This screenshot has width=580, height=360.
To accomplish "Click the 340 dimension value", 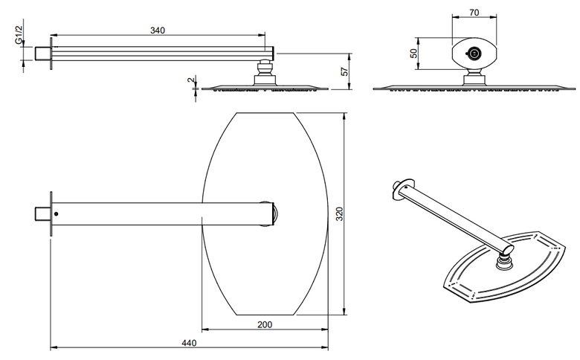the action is pyautogui.click(x=158, y=30).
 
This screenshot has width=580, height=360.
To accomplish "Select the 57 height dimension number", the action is pyautogui.click(x=344, y=71).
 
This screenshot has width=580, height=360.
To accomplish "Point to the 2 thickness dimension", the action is pyautogui.click(x=191, y=79).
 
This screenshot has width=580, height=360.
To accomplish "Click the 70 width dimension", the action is pyautogui.click(x=474, y=13).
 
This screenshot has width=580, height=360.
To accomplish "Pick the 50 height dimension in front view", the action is pyautogui.click(x=414, y=54).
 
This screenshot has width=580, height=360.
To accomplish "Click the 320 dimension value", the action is pyautogui.click(x=339, y=214).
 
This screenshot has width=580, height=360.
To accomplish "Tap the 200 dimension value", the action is pyautogui.click(x=265, y=324).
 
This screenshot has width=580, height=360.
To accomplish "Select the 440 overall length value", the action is pyautogui.click(x=189, y=343).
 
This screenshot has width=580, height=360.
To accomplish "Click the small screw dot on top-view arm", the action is pyautogui.click(x=57, y=214).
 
